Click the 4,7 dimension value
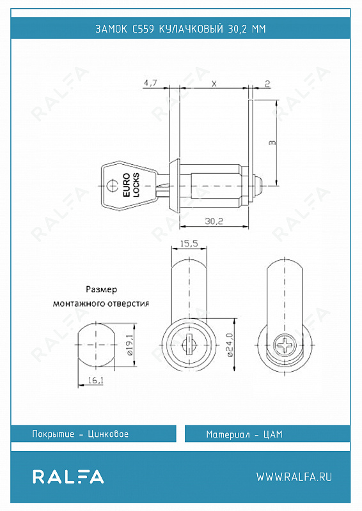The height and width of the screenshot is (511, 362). coord(150,83)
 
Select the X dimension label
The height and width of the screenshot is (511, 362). coord(214,84)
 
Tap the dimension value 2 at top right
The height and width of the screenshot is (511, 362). coord(268,84)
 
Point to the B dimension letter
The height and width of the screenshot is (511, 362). coord(272,142)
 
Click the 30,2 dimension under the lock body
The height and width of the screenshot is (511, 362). coord(214,221)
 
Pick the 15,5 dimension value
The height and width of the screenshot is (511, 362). coord(189,243)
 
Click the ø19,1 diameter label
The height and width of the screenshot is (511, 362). coord(129,345)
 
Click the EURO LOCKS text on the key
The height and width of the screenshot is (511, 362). coord(131,185)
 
